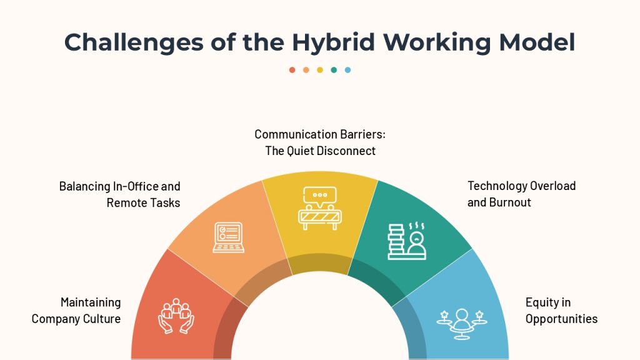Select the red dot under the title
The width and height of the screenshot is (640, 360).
click(292, 70)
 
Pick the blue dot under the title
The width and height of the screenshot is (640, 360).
click(347, 70)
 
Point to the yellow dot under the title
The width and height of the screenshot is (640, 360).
click(320, 70)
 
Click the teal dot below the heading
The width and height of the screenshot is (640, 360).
click(334, 70)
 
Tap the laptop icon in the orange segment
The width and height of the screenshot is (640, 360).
click(229, 237)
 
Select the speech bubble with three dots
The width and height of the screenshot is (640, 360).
click(320, 196)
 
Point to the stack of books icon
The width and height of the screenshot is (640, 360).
click(396, 242)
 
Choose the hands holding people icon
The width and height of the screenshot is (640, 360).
click(176, 316)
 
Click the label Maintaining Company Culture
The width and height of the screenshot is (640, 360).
click(76, 311)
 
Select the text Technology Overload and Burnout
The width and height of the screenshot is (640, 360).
click(522, 194)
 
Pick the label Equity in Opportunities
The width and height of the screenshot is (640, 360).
click(561, 311)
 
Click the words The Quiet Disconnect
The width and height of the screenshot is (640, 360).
click(320, 151)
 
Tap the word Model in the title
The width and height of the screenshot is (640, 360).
click(537, 42)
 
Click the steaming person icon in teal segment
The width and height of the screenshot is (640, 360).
click(416, 242)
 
